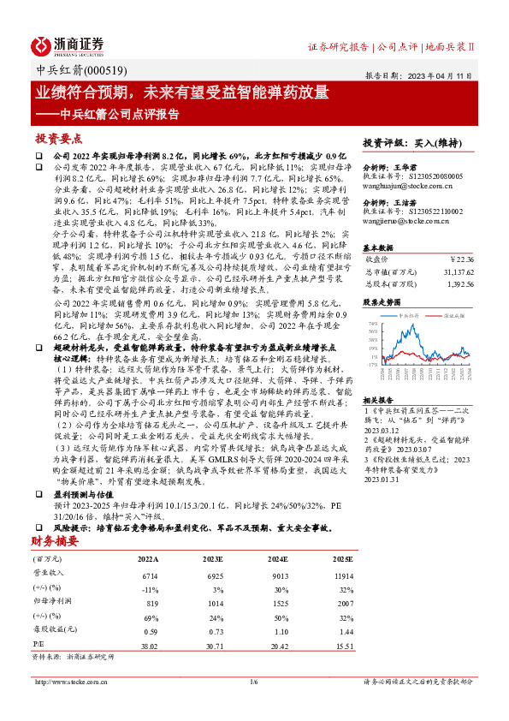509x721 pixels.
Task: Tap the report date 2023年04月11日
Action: (436, 75)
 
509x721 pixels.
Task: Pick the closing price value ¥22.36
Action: (460, 257)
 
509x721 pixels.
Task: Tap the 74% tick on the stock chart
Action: (372, 325)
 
